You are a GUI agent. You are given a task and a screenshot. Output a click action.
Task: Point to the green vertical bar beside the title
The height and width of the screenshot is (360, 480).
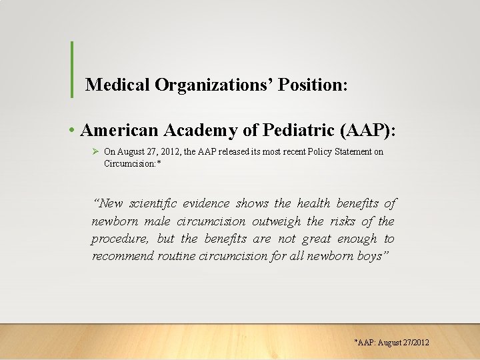coord(71,69)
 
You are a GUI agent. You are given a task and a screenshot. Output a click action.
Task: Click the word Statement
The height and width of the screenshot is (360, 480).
coord(351,152)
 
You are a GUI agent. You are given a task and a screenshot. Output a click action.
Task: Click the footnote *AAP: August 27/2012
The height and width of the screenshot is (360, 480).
coord(391,343)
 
